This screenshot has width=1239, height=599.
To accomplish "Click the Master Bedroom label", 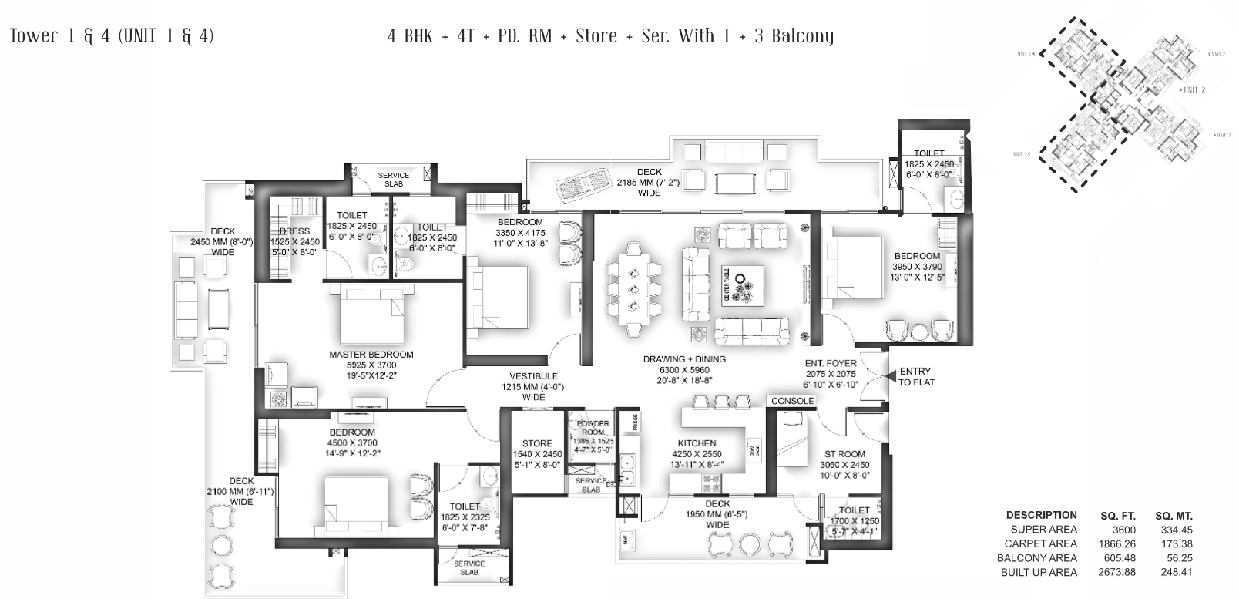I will pyautogui.click(x=371, y=355).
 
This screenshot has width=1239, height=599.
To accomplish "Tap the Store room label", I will pyautogui.click(x=537, y=443).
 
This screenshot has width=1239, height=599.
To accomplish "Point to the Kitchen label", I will pyautogui.click(x=697, y=443).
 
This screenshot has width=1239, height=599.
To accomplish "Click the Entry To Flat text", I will pyautogui.click(x=915, y=376).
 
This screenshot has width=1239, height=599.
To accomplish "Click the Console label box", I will pyautogui.click(x=792, y=401).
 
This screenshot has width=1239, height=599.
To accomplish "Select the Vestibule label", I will pyautogui.click(x=533, y=377).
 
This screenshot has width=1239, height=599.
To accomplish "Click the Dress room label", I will pyautogui.click(x=294, y=231).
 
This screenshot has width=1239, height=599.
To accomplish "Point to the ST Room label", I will pyautogui.click(x=844, y=454).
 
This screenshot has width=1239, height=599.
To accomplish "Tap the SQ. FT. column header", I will pyautogui.click(x=1118, y=515).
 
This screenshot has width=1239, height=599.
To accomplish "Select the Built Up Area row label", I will pyautogui.click(x=1039, y=572).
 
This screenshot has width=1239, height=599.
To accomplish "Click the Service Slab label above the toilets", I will pyautogui.click(x=393, y=180).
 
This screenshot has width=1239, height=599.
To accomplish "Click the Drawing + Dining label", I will pyautogui.click(x=684, y=359).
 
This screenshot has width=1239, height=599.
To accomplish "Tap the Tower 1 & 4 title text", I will pyautogui.click(x=112, y=35).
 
